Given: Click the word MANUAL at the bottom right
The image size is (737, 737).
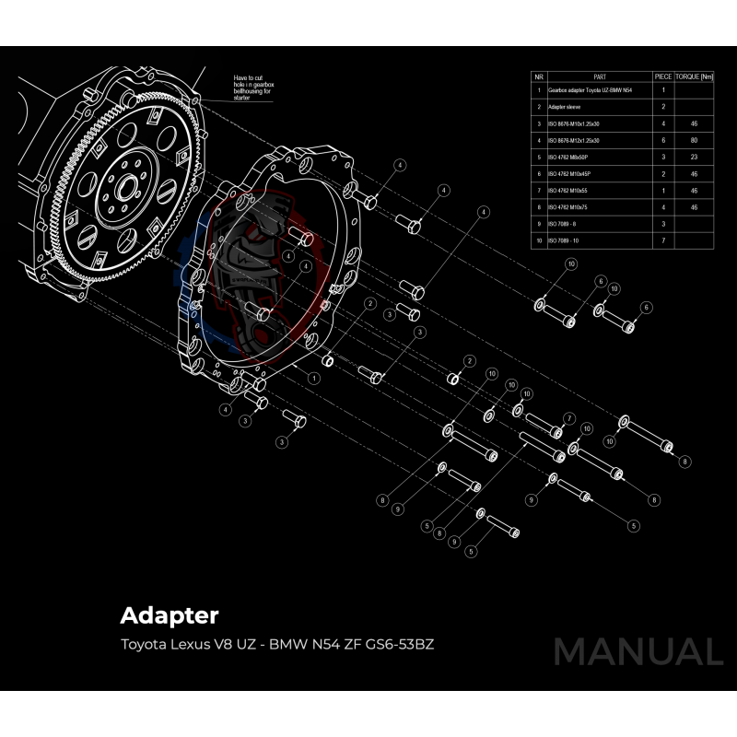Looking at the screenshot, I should click(638, 652).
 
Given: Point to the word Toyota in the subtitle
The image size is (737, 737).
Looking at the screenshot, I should click(145, 643).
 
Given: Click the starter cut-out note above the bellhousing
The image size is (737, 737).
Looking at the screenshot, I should click(252, 86).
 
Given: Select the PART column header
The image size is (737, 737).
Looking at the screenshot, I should click(600, 76).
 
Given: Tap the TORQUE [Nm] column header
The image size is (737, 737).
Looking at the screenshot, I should click(694, 76).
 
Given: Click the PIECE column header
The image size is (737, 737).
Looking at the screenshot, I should click(662, 76).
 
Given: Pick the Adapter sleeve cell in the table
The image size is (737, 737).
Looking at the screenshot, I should click(570, 107).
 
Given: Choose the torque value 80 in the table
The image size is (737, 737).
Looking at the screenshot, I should click(694, 140).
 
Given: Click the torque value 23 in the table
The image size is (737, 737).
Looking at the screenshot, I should click(694, 157).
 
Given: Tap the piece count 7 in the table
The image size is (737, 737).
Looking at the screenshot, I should click(662, 240).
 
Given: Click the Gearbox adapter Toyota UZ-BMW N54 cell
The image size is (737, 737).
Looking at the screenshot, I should click(590, 91).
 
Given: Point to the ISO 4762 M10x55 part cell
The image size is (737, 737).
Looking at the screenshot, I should click(569, 191).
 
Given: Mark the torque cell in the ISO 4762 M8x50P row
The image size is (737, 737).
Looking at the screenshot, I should click(694, 157).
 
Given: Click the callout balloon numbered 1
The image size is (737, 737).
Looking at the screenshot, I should click(315, 378).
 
